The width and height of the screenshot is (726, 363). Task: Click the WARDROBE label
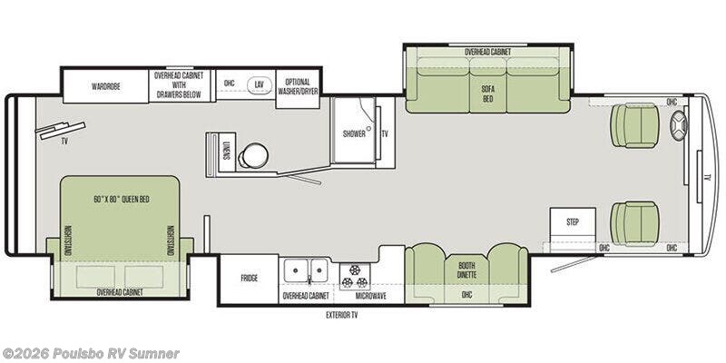pos(106,86)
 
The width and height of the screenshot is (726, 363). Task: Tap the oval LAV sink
pos(260,84)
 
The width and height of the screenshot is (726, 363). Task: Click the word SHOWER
pos(354,134)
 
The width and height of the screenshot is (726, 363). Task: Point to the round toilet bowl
pos(254,155)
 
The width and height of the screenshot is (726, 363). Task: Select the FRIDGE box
pos(249,279)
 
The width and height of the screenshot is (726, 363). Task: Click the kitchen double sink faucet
pos(309,280)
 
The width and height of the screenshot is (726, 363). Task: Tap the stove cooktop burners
pos(355,277)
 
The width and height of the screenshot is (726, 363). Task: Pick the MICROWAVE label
pos(370,296)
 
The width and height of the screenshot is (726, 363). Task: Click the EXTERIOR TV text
pos(342,316)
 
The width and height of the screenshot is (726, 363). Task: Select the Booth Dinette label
pos(466,270)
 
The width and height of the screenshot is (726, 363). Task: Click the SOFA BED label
pos(488,95)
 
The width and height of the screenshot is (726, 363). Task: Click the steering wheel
pos(679,125)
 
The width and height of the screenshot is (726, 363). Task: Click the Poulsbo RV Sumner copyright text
pos(90,354)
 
